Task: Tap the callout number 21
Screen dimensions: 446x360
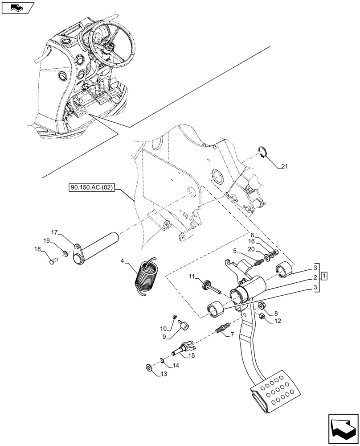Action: tap(285, 167)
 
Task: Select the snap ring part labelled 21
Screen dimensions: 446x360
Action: tap(263, 152)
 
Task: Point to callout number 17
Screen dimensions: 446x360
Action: tap(54, 232)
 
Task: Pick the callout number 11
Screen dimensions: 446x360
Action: tap(192, 277)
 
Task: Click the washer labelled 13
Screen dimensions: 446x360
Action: tap(148, 368)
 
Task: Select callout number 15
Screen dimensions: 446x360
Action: tap(191, 355)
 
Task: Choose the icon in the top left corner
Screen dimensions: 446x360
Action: tap(18, 7)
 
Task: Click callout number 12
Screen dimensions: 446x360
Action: tap(277, 320)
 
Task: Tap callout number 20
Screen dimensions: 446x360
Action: tap(251, 249)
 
